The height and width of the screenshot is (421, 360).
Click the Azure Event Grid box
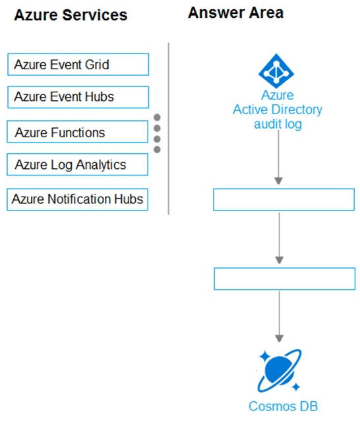78,65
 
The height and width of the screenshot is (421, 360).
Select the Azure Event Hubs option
78,97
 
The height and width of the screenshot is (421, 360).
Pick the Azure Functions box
77,132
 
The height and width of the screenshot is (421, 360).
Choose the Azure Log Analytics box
77,164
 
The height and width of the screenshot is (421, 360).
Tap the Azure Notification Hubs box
77,199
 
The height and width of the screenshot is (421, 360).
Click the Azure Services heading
71,15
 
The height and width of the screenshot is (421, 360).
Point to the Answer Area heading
236,13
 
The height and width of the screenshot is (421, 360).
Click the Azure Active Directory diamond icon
276,71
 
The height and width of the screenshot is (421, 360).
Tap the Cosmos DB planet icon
280,371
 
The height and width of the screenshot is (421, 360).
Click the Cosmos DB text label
283,406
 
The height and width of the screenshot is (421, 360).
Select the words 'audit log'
278,124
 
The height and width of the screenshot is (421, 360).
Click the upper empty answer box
284,199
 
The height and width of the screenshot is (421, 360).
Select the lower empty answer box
285,278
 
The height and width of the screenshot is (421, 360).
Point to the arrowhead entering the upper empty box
278,181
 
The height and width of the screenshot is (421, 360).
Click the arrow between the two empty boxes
280,238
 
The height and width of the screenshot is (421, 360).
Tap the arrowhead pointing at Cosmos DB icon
280,339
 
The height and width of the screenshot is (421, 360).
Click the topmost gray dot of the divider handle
157,117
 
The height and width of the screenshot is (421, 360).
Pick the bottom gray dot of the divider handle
157,149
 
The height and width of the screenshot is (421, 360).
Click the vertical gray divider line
169,128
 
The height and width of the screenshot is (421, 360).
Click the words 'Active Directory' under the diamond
278,110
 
